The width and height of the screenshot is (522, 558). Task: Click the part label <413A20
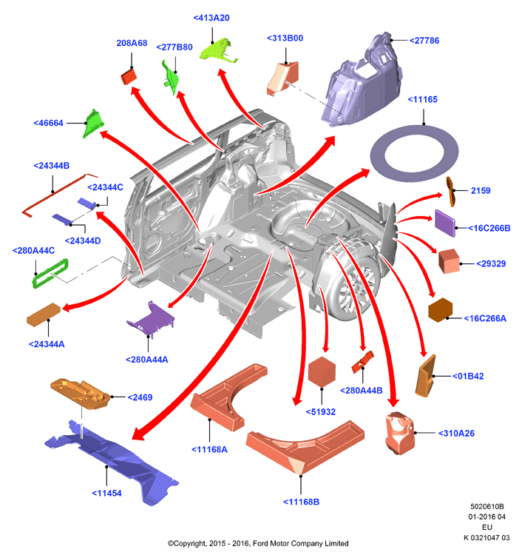[x=211, y=18]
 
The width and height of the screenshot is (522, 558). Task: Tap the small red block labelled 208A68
[x=129, y=77]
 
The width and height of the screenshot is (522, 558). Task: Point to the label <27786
[x=424, y=41]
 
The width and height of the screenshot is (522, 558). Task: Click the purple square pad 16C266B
[x=445, y=223]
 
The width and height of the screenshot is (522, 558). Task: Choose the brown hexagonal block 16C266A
[x=440, y=310]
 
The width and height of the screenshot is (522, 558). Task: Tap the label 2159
[x=481, y=191]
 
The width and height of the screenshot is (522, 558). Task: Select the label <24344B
[x=52, y=166]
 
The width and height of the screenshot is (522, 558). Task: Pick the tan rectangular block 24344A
[x=44, y=315]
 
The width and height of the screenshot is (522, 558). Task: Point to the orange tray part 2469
[x=81, y=394]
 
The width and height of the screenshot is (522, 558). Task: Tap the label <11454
[x=106, y=493]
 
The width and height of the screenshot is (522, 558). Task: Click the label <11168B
[x=301, y=502]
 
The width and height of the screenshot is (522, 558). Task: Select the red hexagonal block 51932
[x=322, y=372]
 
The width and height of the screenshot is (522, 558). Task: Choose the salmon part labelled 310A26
[x=400, y=433]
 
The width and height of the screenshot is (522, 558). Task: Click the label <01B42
[x=468, y=376]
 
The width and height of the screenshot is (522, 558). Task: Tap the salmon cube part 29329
[x=449, y=261]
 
